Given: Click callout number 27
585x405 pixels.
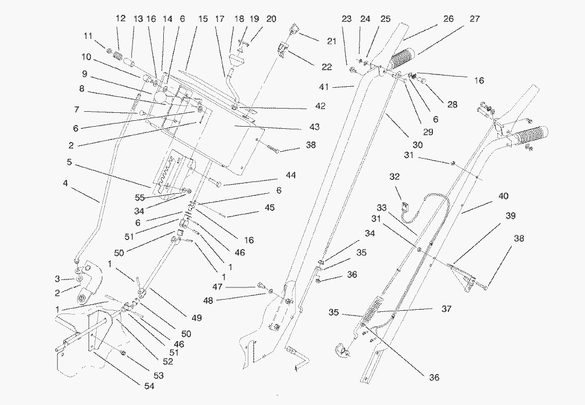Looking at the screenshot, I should click(474, 19).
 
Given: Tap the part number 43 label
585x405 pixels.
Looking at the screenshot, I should click(314, 127).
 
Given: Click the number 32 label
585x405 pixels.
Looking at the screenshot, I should click(394, 177).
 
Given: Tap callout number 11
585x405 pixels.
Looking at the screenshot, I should click(87, 37).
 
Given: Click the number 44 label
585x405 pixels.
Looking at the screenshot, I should click(290, 175).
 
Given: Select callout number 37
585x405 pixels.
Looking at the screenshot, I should click(446, 309).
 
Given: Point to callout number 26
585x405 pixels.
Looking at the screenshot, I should click(448, 19).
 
